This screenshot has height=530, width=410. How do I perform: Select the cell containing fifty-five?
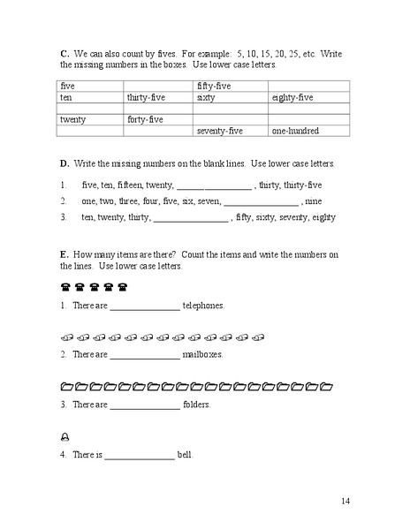213,86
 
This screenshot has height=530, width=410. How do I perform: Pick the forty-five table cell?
146,119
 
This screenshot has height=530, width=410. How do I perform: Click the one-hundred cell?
295,131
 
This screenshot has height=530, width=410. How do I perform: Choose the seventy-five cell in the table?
219,131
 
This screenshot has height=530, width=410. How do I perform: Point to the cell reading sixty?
206,97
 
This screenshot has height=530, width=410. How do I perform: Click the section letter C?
65,52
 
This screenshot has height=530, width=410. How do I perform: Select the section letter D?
65,164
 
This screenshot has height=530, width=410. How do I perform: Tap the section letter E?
65,254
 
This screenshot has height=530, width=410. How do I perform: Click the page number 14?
345,501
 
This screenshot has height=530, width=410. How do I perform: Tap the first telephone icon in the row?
65,287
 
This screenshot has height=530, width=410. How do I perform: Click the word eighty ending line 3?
324,216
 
